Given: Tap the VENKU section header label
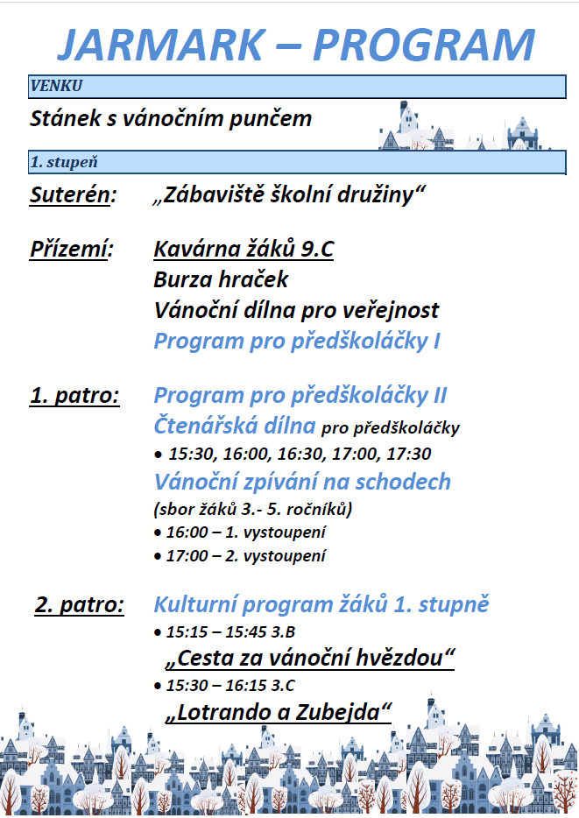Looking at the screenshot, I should click(56, 86).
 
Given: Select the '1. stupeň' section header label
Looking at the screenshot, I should click(63, 162).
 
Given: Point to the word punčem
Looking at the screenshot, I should click(272, 117).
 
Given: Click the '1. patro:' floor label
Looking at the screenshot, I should click(75, 395).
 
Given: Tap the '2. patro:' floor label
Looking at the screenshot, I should click(80, 604).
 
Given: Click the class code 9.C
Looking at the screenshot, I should click(316, 250).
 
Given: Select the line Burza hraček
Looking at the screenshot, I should click(221, 279).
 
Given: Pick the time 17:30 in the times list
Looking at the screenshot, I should click(408, 455).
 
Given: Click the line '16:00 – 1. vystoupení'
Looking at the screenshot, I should click(238, 532).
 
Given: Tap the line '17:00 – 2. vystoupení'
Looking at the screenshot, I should click(238, 555).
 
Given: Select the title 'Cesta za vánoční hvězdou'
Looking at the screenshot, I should click(310, 657).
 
